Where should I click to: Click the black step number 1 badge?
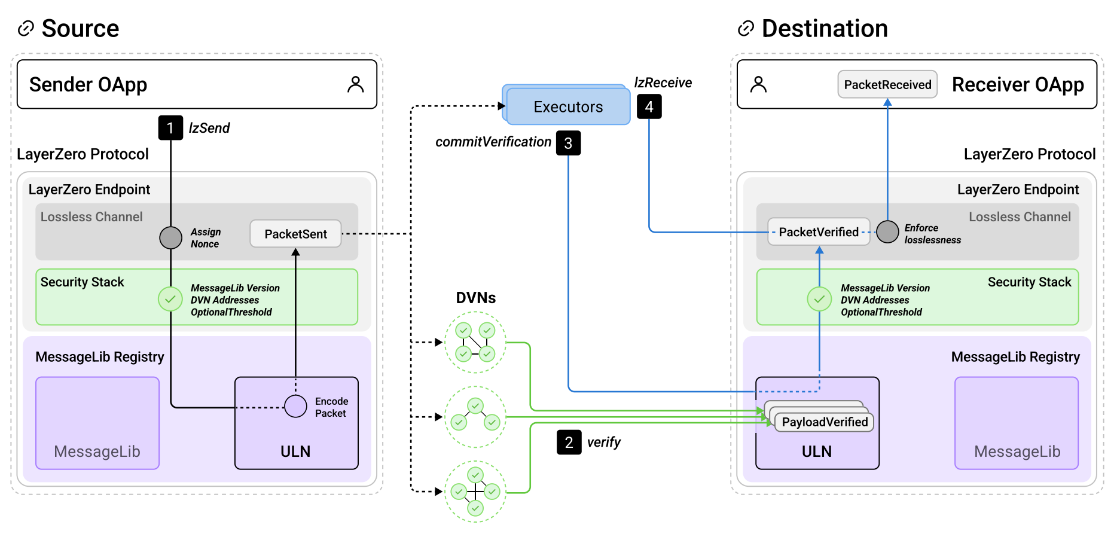click(x=170, y=128)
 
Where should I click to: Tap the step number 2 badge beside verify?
click(x=569, y=443)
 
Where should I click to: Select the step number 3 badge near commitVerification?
click(x=568, y=143)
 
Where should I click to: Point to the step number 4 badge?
click(x=649, y=106)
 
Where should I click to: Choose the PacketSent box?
click(x=295, y=234)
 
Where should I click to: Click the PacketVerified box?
click(x=819, y=232)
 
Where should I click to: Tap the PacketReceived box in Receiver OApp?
click(x=887, y=84)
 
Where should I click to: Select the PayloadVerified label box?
click(x=825, y=422)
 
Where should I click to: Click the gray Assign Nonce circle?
click(x=170, y=237)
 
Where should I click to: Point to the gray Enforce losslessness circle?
click(x=887, y=232)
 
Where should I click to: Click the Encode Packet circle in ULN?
click(x=295, y=406)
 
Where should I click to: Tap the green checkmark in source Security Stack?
click(x=170, y=299)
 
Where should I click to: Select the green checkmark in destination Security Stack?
click(x=819, y=299)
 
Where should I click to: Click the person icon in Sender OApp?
click(x=355, y=84)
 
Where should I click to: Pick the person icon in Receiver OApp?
click(x=758, y=84)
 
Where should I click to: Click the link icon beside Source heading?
click(x=26, y=28)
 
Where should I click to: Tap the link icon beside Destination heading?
click(x=746, y=28)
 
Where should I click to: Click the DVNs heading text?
click(x=476, y=298)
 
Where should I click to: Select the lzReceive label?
click(x=663, y=83)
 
